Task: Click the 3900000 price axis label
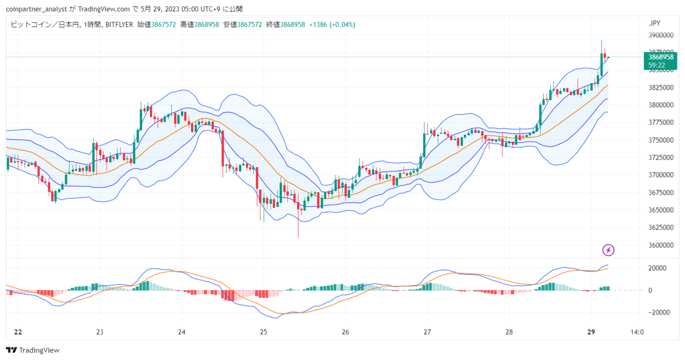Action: (x=661, y=35)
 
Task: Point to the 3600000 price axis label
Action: (x=661, y=245)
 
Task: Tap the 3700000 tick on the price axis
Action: (x=661, y=175)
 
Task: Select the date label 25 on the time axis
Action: (x=264, y=332)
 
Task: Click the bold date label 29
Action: (x=591, y=332)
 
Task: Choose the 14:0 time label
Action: (x=637, y=332)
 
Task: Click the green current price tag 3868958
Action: (x=661, y=57)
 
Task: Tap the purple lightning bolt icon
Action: (x=608, y=250)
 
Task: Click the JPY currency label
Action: (x=654, y=23)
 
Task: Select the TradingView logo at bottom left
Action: (x=33, y=350)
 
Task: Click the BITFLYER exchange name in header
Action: (x=119, y=25)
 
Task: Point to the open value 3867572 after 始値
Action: (x=163, y=25)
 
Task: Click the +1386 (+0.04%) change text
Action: (x=332, y=25)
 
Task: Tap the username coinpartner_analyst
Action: (x=36, y=9)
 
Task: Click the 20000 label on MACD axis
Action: (x=657, y=268)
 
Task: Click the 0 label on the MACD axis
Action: (x=650, y=290)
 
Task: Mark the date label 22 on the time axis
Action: (x=18, y=332)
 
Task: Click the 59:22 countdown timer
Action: (x=657, y=65)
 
